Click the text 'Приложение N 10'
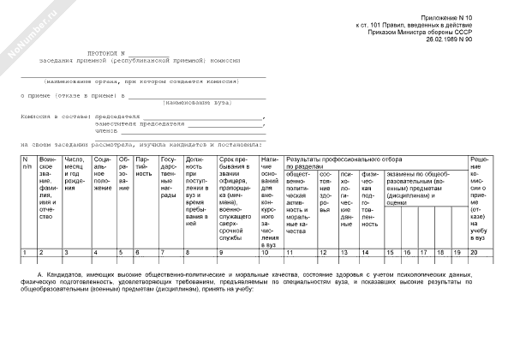tap(470, 17)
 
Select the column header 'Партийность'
tap(144, 167)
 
